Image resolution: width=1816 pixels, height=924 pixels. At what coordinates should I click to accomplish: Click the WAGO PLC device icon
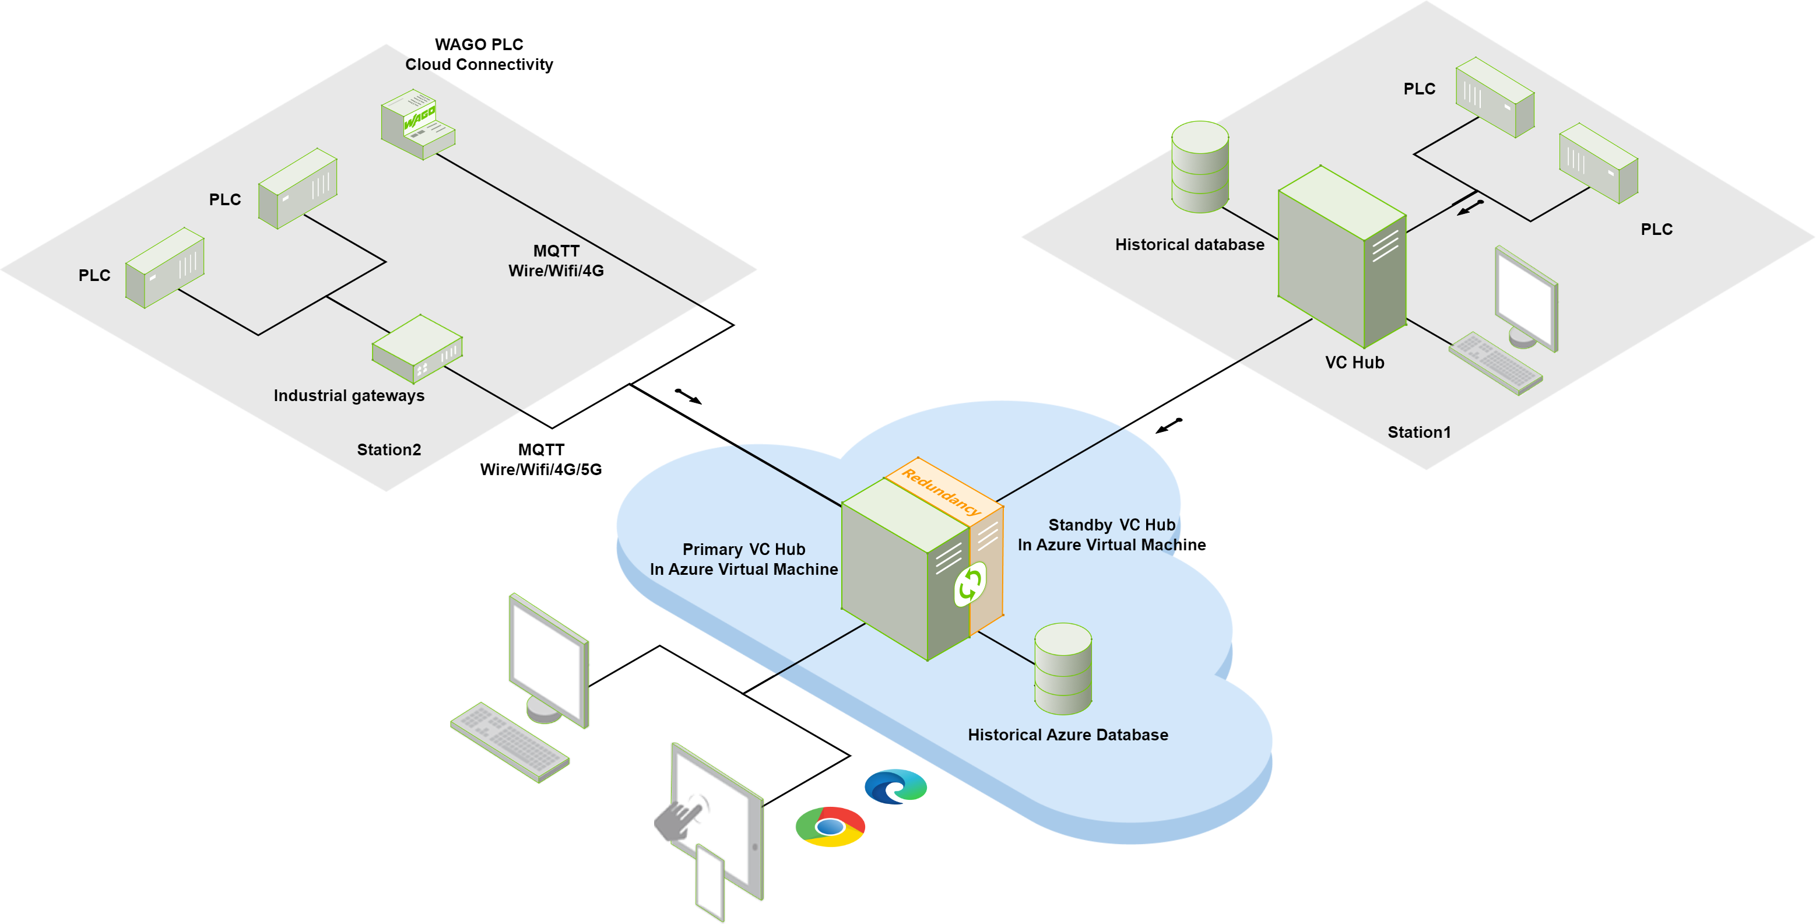417,124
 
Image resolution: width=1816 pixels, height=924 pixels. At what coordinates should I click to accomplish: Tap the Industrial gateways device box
417,348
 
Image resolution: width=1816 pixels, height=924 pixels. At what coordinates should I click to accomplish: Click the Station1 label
1418,432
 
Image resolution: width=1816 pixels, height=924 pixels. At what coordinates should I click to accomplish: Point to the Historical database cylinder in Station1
1200,167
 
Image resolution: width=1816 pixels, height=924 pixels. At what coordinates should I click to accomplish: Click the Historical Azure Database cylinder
1063,668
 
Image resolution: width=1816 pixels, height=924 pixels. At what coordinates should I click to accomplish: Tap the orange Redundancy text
941,491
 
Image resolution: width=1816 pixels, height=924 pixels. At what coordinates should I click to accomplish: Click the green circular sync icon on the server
970,584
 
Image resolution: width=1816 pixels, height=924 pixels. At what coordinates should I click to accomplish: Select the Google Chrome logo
830,826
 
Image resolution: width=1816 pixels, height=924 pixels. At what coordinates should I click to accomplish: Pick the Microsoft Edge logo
895,786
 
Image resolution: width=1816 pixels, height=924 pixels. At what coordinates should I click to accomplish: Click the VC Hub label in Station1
1354,362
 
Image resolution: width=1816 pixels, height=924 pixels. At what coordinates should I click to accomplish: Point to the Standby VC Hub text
1111,525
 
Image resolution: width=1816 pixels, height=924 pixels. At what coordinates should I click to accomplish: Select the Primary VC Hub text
743,550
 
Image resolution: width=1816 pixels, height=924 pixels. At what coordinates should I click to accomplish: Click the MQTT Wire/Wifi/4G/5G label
540,459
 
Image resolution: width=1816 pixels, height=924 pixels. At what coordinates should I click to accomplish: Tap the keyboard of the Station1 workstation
1495,363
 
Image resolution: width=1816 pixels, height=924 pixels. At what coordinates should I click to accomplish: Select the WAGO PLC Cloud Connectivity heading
479,54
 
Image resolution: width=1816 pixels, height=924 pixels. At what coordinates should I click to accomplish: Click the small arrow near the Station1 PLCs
1470,207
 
